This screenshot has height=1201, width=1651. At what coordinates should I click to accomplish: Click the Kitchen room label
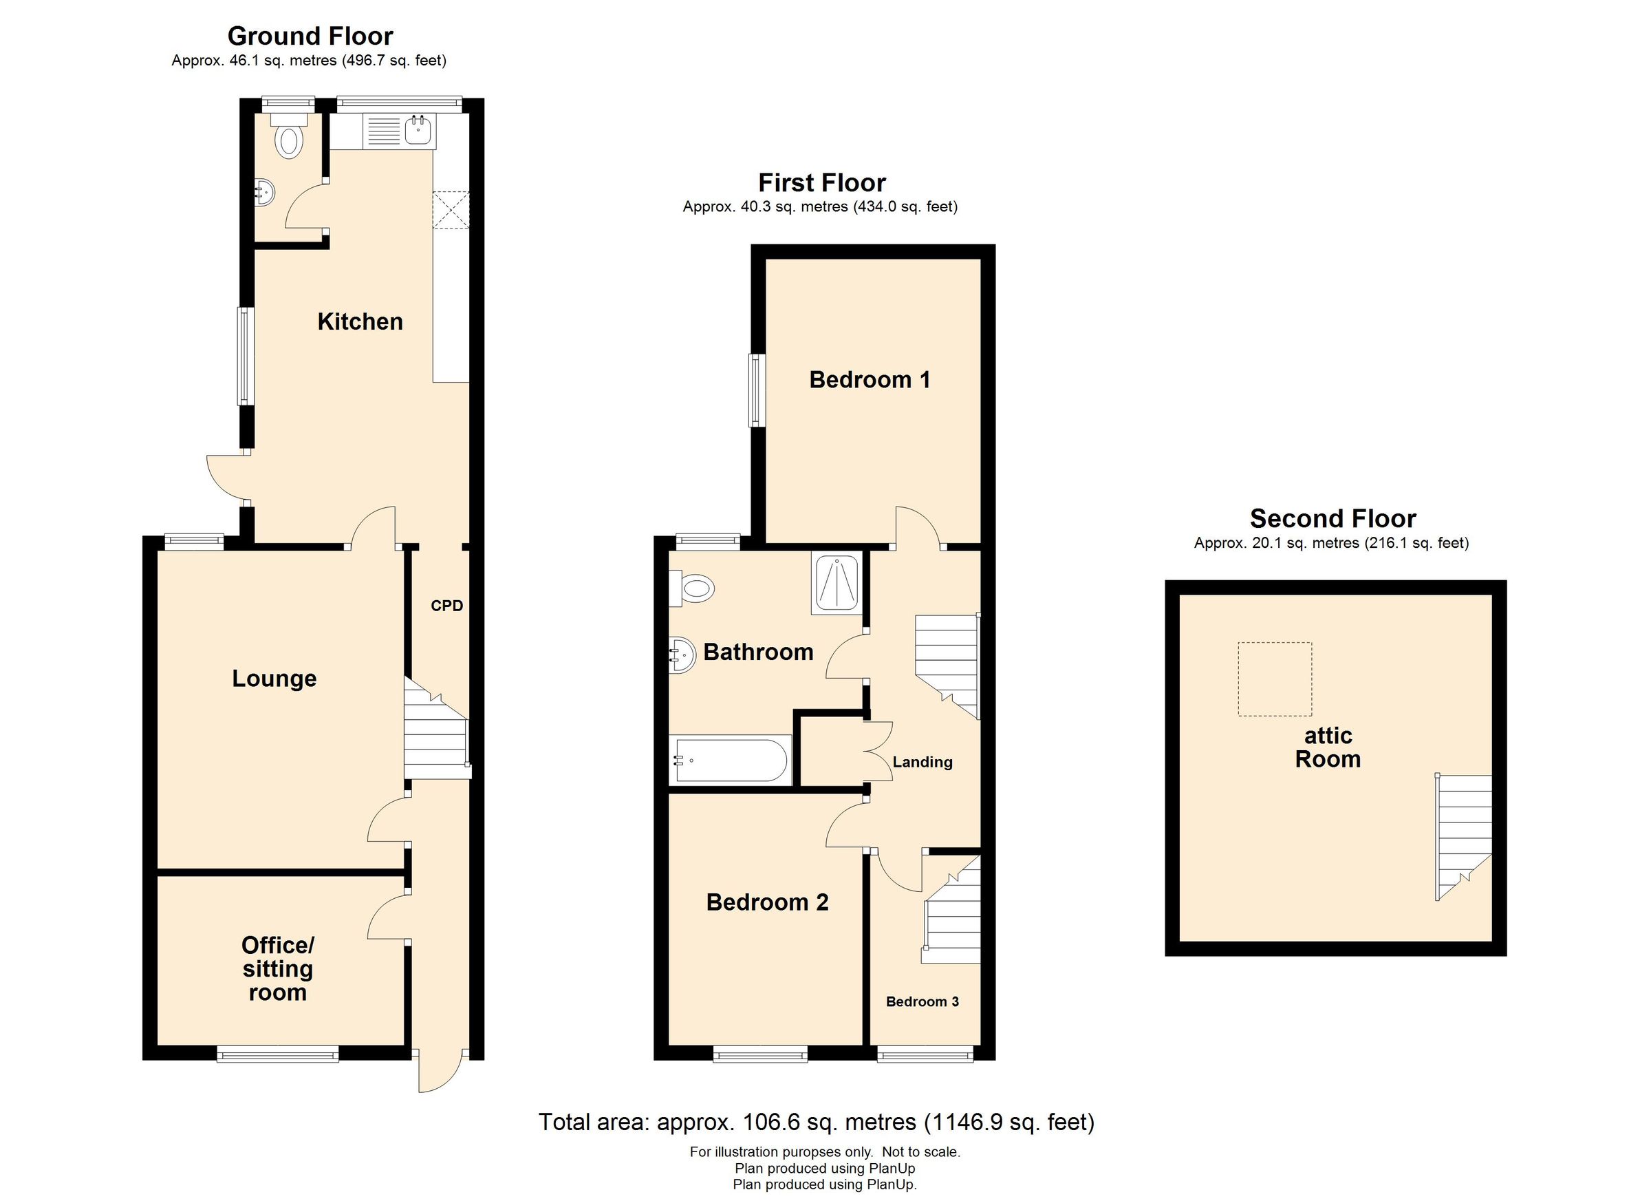click(x=360, y=321)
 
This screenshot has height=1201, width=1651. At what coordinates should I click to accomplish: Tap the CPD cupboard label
click(x=446, y=605)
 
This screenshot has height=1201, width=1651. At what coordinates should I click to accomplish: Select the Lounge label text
click(x=274, y=678)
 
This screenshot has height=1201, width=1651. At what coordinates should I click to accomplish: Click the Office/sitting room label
click(x=277, y=968)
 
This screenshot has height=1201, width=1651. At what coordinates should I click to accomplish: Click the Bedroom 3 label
click(x=922, y=1001)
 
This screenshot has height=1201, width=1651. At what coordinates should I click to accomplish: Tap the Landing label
click(x=922, y=762)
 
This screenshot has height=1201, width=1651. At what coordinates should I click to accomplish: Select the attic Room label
click(x=1327, y=747)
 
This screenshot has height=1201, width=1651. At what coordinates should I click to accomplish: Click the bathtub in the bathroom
click(x=730, y=761)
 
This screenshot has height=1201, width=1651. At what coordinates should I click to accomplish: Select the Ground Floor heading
click(x=310, y=36)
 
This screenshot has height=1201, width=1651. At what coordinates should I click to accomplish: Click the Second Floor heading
click(x=1332, y=518)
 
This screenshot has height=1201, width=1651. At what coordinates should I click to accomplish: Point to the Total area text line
click(x=816, y=1122)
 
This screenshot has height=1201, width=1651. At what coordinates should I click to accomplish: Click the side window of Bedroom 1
click(x=757, y=390)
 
